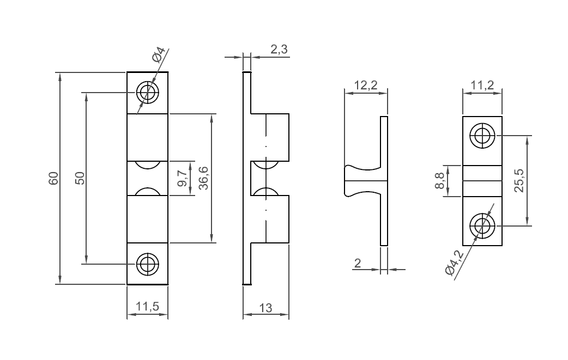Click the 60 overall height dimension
[x=53, y=178]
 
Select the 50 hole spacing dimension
[x=80, y=178]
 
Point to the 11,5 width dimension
[x=147, y=307]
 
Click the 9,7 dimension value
[x=183, y=178]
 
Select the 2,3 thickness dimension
[x=279, y=50]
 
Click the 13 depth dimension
[x=265, y=308]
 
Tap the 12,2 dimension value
[x=366, y=85]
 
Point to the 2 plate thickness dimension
[x=358, y=263]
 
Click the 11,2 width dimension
[x=482, y=85]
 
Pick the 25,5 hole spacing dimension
[x=518, y=180]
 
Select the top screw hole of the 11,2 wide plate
[x=482, y=136]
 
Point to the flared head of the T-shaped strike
[x=349, y=181]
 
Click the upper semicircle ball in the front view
[x=147, y=164]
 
